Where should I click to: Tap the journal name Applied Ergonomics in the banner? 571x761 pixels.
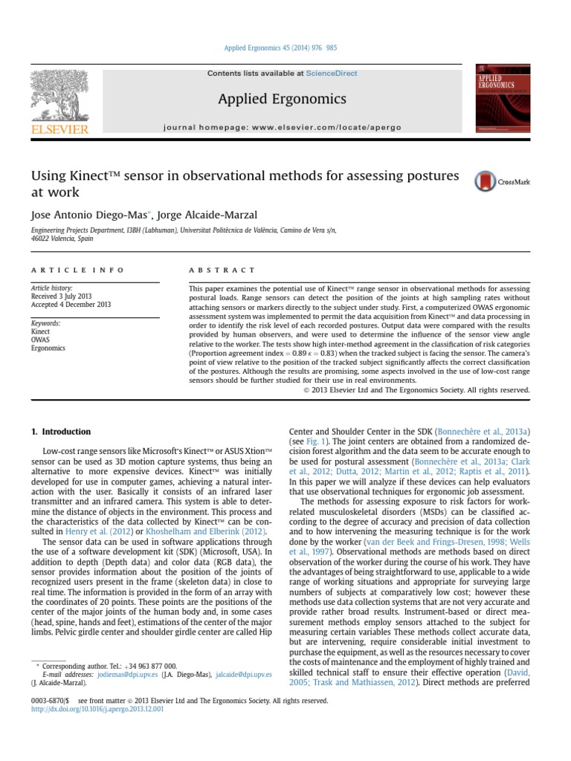pyautogui.click(x=282, y=100)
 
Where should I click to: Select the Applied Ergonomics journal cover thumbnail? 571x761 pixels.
pyautogui.click(x=503, y=100)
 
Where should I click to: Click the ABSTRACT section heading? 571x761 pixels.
pyautogui.click(x=222, y=270)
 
